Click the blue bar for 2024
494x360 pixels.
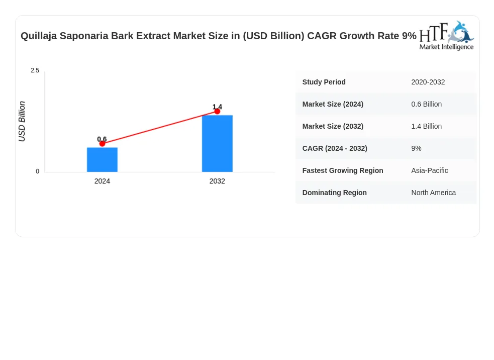click(102, 159)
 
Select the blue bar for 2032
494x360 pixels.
click(217, 143)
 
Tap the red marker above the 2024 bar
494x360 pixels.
click(102, 144)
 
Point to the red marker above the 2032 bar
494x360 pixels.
click(217, 111)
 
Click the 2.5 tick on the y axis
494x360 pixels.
click(35, 70)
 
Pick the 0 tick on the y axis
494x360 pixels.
click(38, 171)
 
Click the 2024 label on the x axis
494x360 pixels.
click(102, 182)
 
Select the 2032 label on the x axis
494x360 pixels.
click(217, 182)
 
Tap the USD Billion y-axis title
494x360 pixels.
click(22, 121)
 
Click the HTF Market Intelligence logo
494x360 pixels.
click(446, 36)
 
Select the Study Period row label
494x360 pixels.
click(324, 82)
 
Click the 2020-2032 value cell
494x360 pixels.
click(428, 82)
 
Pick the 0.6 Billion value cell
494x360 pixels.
click(426, 104)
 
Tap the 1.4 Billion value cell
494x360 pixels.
click(426, 126)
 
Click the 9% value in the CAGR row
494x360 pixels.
click(416, 148)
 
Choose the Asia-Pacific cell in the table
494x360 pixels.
click(429, 170)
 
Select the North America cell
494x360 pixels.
click(434, 193)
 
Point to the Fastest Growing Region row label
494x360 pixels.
click(343, 170)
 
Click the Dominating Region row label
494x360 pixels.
click(335, 193)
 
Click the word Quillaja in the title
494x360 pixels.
click(39, 36)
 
